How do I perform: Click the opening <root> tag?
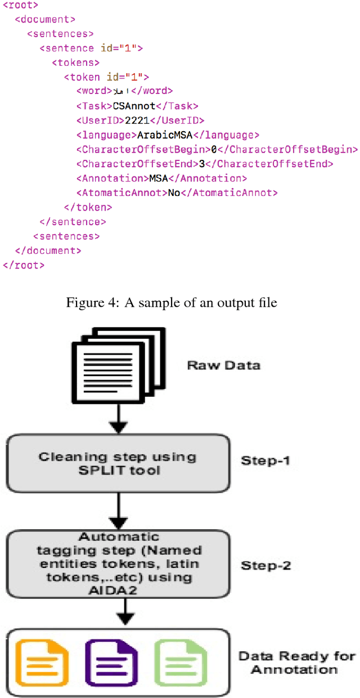pos(21,5)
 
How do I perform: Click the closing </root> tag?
pos(23,265)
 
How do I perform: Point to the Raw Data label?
pos(223,365)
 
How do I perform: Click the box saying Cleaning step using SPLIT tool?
pos(118,463)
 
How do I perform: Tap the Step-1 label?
pos(265,460)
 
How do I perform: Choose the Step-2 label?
pos(265,565)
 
